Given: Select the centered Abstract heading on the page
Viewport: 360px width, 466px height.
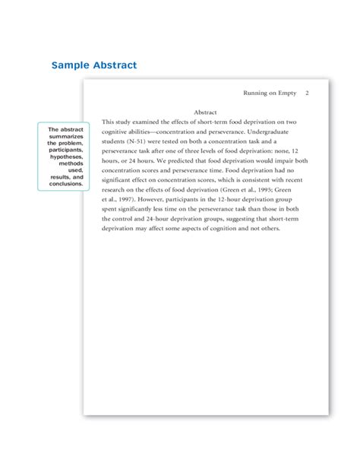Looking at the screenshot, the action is coord(206,112).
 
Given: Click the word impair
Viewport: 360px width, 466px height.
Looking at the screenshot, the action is coord(279,160).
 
